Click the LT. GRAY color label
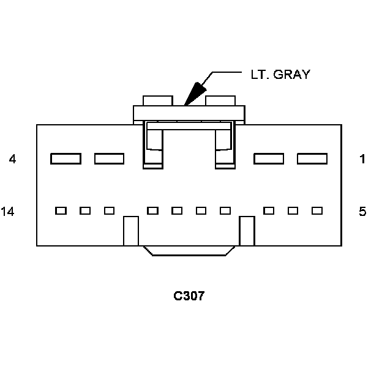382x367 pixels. coord(280,75)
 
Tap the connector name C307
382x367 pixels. coord(189,297)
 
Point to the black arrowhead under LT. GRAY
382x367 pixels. coord(195,93)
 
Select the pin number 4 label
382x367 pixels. coord(12,160)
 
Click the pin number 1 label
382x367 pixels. coord(362,160)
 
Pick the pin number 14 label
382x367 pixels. coord(8,212)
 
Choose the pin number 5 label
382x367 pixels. coord(362,212)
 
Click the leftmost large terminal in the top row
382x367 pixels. coord(66,159)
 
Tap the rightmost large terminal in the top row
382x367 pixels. coord(312,159)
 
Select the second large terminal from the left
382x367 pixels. coord(109,159)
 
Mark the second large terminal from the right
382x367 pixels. coord(269,159)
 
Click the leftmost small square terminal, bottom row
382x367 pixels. coord(61,211)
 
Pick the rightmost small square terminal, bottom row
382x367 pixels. coord(317,211)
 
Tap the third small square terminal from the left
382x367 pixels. coord(109,211)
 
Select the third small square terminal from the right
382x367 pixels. coord(269,211)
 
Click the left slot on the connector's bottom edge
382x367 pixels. coord(131,231)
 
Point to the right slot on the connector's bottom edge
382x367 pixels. coord(247,231)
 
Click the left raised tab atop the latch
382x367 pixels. coord(157,100)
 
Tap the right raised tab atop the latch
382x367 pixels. coord(220,100)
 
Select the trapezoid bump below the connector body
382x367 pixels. coord(189,251)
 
